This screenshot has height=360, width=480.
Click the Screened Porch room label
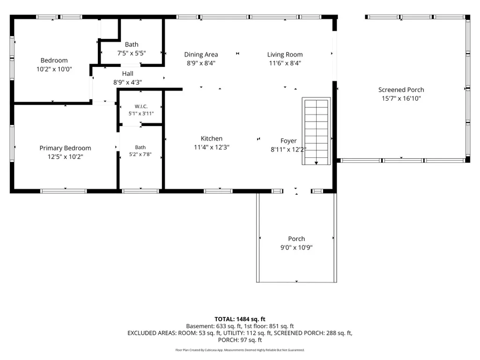401,90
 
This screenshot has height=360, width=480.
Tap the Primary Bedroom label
65,148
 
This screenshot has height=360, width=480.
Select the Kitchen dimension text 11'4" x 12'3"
212,147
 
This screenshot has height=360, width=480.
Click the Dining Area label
201,54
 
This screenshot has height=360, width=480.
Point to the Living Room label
285,54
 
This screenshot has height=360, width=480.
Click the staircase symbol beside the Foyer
316,131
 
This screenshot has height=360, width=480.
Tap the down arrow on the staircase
316,163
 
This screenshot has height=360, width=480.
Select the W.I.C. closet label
141,107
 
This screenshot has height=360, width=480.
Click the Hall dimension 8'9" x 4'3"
128,82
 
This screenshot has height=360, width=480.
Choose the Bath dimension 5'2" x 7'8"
140,154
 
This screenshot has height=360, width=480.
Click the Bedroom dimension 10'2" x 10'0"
54,69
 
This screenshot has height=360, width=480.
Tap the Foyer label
288,141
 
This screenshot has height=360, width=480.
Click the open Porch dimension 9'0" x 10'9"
296,247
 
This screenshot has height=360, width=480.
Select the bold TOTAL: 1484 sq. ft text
240,319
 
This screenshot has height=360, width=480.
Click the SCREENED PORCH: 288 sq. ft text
313,333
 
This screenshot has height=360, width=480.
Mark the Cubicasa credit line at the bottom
240,350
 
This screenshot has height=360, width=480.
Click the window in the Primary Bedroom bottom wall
64,191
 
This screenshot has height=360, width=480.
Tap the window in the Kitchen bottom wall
218,191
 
